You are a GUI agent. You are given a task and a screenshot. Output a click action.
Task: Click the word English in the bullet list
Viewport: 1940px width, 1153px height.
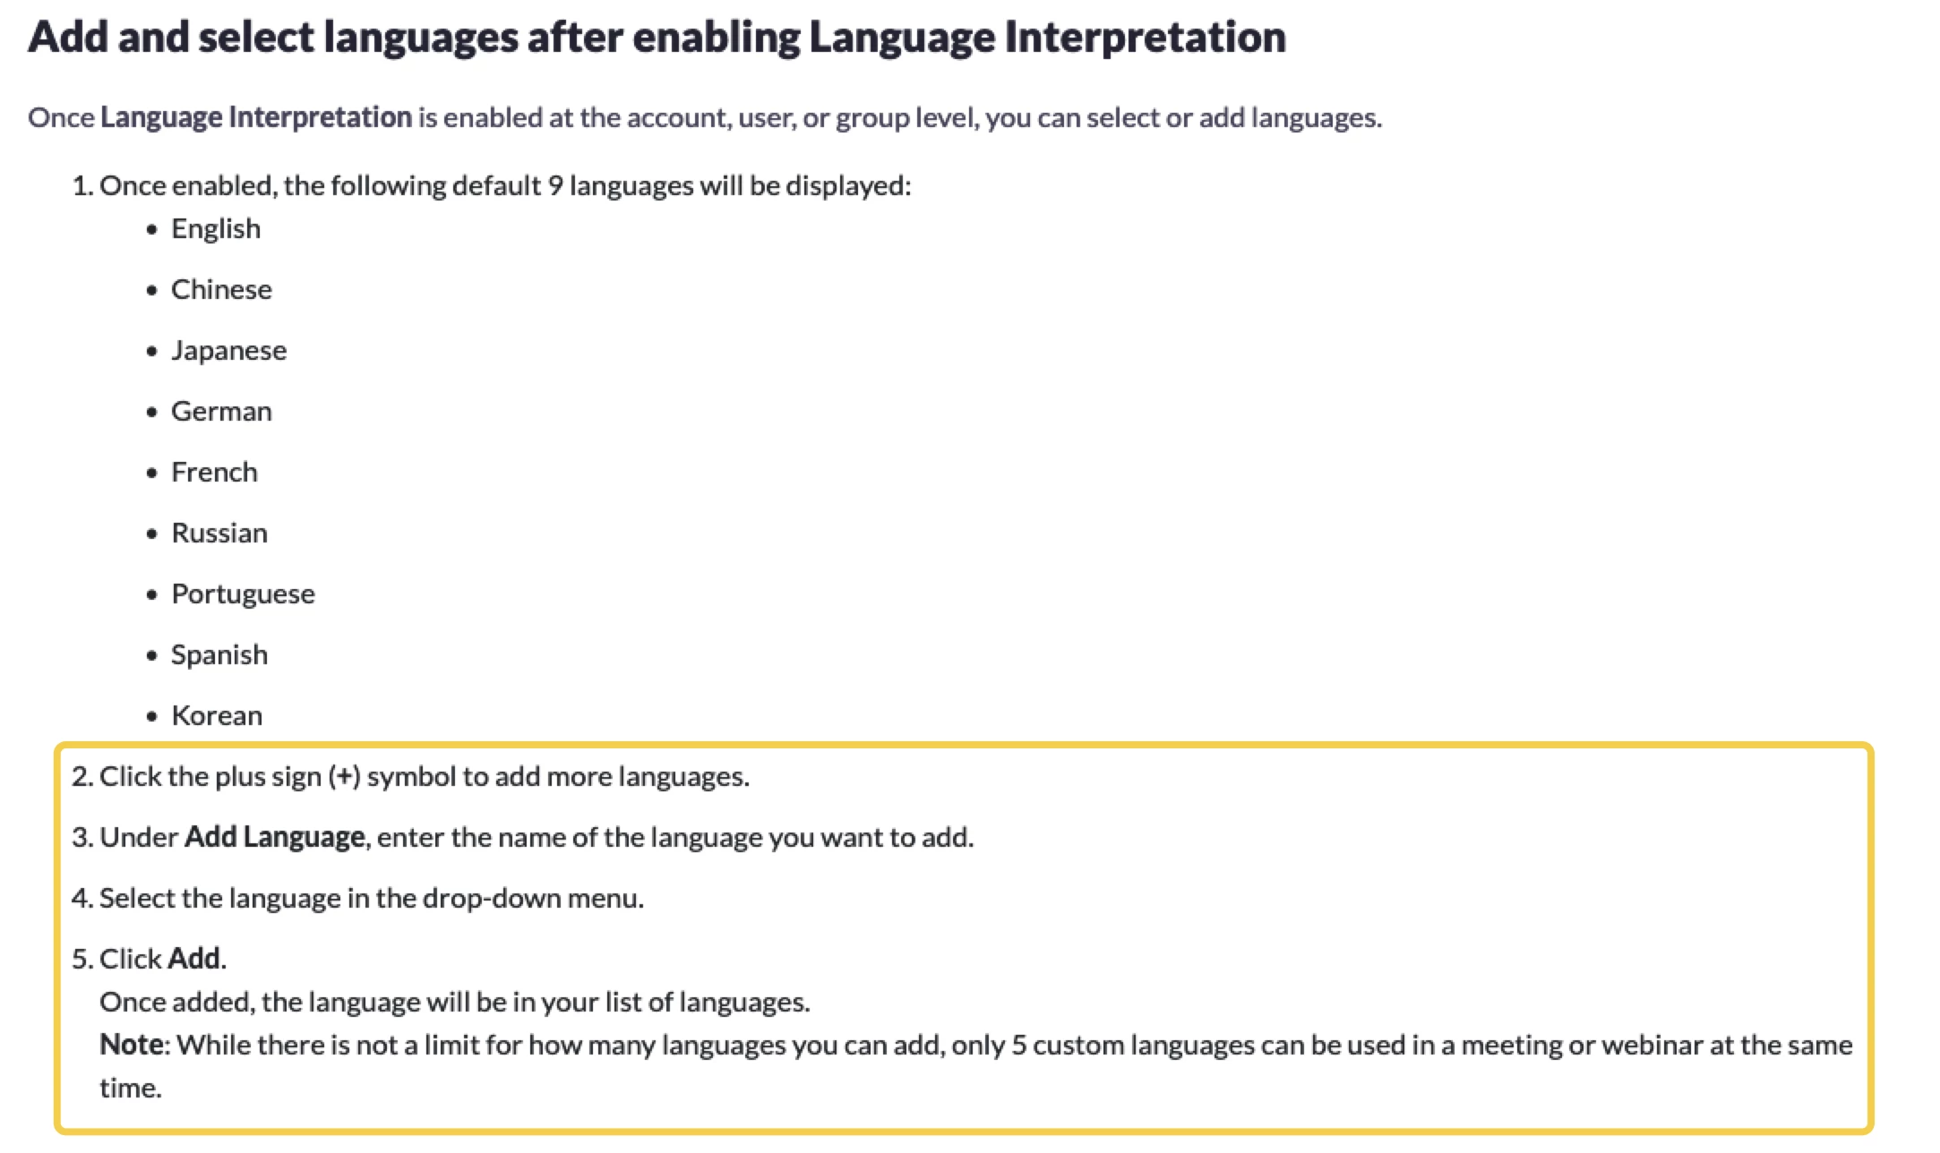[216, 229]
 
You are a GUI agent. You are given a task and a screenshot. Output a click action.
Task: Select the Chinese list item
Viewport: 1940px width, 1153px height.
[221, 289]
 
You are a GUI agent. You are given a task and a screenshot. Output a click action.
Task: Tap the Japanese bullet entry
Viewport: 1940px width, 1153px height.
[229, 350]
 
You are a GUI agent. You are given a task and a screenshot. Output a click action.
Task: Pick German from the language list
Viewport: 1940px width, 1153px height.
[221, 411]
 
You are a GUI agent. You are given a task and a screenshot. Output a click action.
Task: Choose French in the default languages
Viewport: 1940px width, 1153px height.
[214, 472]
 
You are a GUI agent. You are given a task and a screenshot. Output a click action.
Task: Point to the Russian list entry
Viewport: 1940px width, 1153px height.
[219, 533]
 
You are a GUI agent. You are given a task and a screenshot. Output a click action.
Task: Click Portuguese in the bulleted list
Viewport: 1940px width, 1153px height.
[243, 594]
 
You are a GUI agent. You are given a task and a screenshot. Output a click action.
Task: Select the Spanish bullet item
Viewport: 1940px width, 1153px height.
[219, 655]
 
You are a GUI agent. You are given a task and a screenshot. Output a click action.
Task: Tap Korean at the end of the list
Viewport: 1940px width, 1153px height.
[217, 715]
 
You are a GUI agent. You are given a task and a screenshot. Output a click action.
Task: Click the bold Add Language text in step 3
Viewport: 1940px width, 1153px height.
[274, 837]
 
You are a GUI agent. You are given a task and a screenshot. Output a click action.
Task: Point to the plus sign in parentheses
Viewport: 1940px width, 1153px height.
[345, 777]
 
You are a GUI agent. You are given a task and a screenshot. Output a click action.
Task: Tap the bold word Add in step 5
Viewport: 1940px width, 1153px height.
[194, 959]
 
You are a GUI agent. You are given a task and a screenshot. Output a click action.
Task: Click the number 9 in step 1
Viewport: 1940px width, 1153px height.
[555, 185]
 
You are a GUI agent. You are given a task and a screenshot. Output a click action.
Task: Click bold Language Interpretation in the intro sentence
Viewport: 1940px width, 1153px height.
[256, 117]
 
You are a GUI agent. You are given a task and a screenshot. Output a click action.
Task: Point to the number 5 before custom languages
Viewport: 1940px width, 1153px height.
[1019, 1045]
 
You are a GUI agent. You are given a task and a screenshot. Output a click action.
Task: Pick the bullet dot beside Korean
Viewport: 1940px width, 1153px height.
[152, 716]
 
